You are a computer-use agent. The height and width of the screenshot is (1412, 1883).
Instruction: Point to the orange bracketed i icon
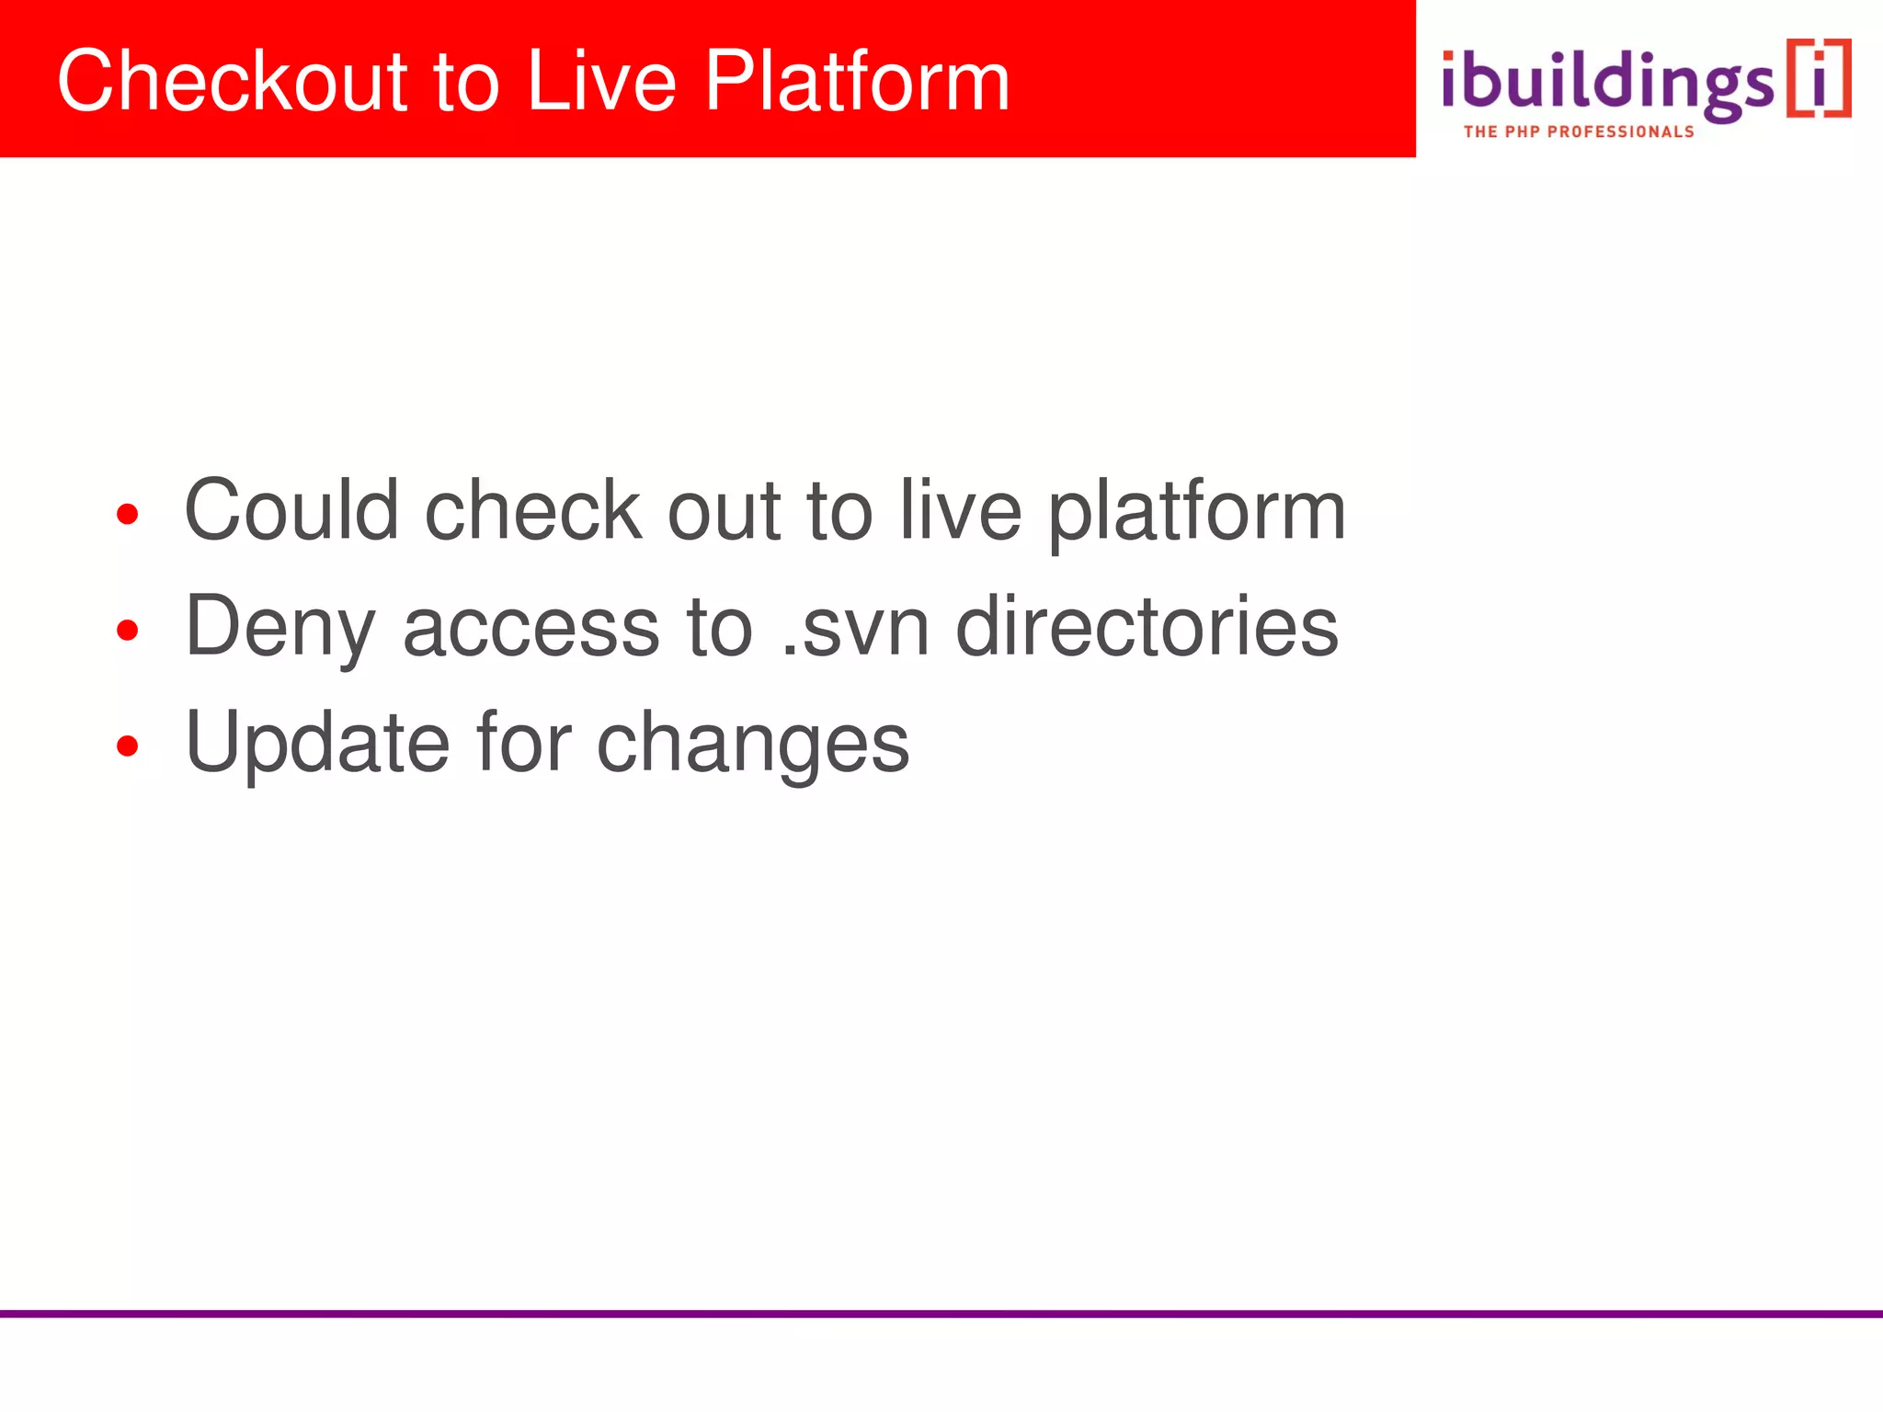point(1819,79)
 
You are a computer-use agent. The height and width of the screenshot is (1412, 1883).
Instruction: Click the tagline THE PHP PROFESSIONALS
point(1578,132)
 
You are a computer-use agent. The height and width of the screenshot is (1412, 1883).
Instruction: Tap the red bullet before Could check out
point(128,514)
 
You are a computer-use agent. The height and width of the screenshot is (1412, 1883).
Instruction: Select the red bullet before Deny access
point(128,630)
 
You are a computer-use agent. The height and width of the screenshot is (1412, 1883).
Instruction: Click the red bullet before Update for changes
point(128,746)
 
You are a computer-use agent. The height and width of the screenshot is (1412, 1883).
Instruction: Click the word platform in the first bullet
point(1197,513)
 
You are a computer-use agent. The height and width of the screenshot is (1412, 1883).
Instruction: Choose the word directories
point(1147,627)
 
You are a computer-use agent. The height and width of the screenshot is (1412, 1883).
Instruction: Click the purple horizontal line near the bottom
point(941,1314)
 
